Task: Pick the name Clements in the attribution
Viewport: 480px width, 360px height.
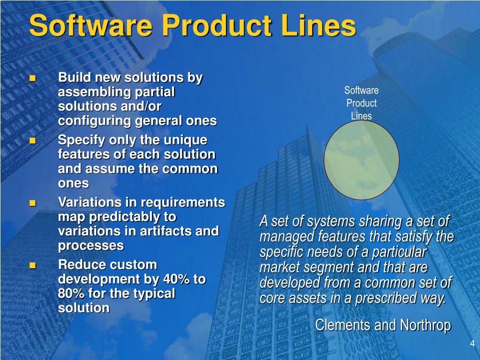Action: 342,325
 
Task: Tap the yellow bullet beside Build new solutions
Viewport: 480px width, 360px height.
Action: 32,78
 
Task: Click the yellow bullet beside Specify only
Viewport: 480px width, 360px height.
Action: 32,141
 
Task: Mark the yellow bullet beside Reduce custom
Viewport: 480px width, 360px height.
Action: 32,265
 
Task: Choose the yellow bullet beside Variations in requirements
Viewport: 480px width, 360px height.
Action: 32,202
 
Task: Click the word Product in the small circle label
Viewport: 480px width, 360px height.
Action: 361,103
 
